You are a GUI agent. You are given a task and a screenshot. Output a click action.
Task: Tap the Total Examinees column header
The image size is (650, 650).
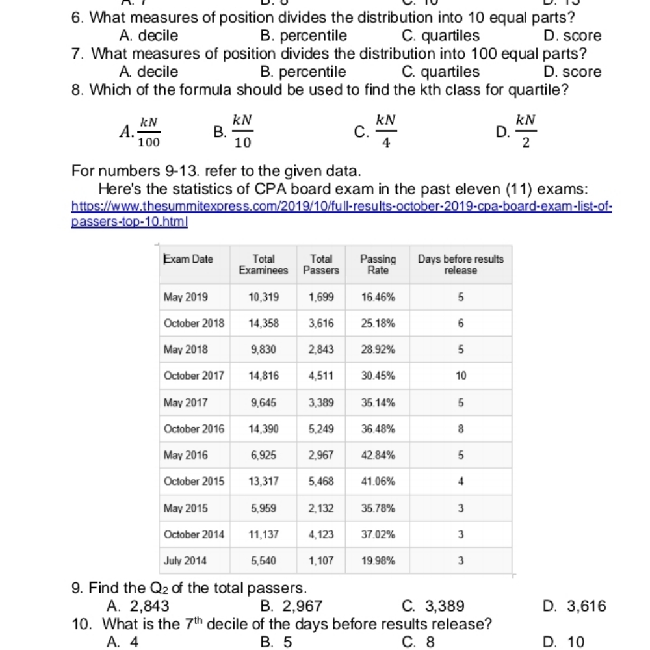[263, 264]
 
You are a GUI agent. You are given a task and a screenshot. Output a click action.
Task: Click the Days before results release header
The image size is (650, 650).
[460, 264]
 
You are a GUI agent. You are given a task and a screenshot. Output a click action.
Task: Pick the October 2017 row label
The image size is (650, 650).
[194, 375]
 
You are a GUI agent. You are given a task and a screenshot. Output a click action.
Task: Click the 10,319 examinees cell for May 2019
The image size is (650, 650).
[264, 297]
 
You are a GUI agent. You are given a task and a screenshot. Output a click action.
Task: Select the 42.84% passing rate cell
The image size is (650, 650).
[377, 455]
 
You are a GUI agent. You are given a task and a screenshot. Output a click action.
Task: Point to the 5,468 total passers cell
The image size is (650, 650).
[322, 482]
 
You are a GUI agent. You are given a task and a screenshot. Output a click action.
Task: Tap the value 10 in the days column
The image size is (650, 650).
[460, 375]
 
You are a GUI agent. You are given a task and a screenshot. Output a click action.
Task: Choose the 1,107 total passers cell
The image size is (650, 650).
[322, 559]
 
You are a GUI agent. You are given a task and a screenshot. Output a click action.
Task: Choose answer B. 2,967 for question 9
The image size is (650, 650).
[291, 606]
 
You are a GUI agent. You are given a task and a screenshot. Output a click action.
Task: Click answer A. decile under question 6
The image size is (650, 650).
[149, 36]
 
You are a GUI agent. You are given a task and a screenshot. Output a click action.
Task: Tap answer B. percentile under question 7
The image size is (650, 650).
[303, 71]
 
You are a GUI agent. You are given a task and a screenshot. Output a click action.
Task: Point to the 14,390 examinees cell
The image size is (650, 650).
[264, 428]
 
